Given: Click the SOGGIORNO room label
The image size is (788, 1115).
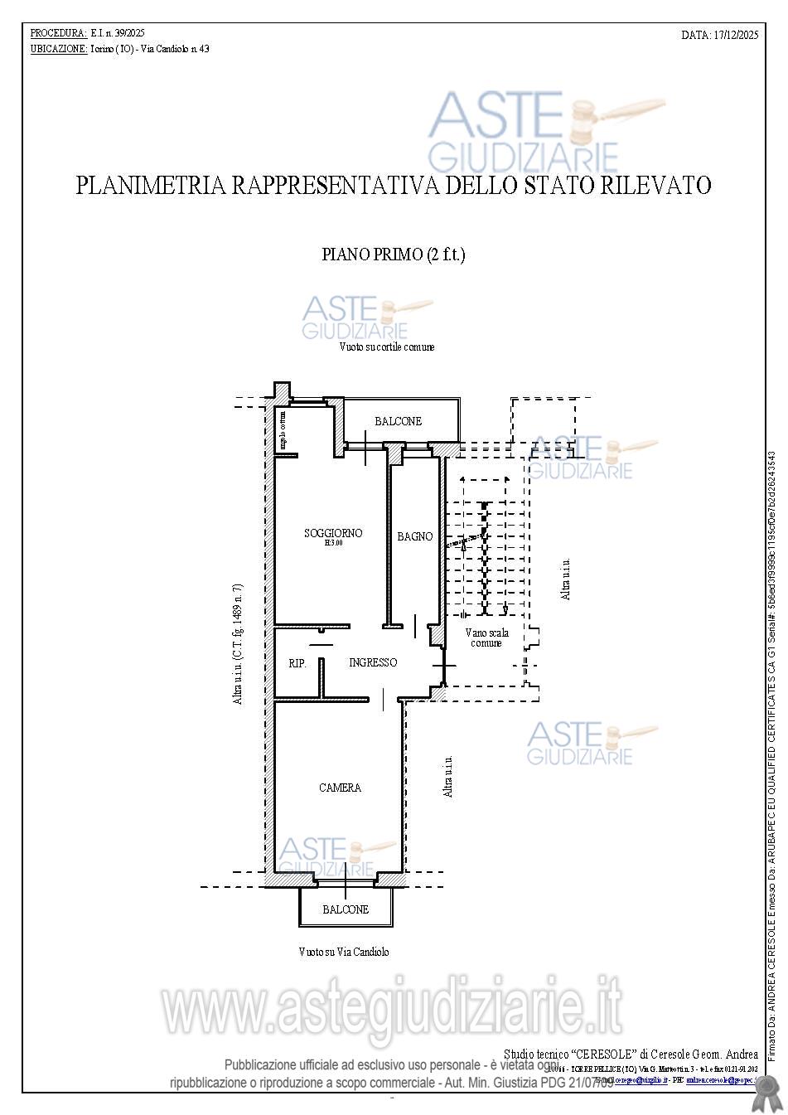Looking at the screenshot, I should [x=333, y=533].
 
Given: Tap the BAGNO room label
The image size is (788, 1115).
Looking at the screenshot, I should [x=414, y=536].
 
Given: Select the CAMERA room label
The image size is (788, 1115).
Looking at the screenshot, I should [x=340, y=788].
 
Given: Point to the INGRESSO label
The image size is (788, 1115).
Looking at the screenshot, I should [x=373, y=662].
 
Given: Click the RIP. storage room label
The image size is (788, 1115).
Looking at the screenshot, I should [x=297, y=663].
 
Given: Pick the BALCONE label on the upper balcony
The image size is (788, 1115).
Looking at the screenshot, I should [x=398, y=421].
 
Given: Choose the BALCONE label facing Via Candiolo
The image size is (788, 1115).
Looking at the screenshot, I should [x=346, y=909].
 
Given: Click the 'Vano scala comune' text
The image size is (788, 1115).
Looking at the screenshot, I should [x=487, y=637].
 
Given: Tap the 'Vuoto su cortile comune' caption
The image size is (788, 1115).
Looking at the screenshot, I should [x=386, y=347].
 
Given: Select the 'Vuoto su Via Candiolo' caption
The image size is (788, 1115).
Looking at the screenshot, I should [x=343, y=953].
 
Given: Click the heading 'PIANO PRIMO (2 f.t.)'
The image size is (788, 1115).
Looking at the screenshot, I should [x=393, y=255].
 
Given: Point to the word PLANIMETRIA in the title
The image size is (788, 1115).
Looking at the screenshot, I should [x=150, y=185].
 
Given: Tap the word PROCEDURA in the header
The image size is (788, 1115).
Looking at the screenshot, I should [x=58, y=33].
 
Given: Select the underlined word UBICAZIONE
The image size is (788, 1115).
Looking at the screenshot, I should [x=59, y=49].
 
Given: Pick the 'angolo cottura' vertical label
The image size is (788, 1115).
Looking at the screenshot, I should [x=283, y=429].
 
